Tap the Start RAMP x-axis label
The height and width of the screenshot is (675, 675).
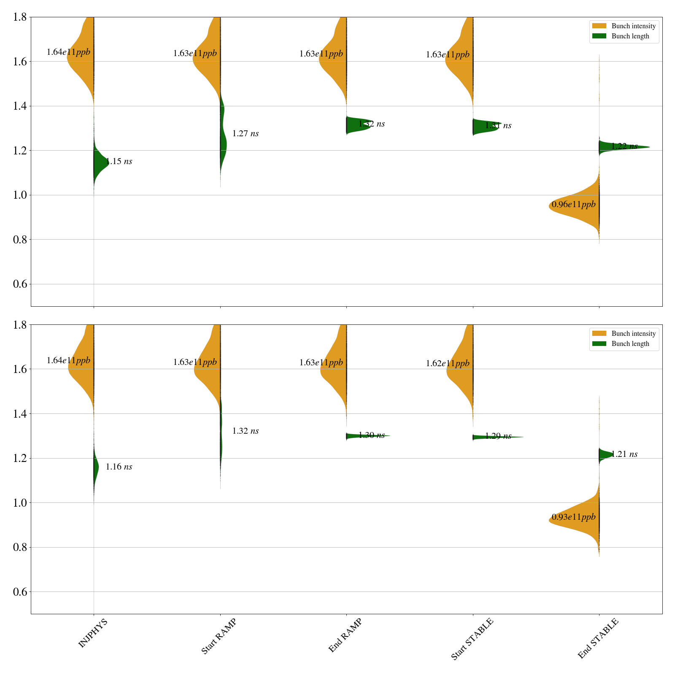219,636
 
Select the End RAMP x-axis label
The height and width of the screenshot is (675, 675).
345,635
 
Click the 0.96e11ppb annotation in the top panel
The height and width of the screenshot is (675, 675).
574,205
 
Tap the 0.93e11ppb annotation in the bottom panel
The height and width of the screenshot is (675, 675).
574,517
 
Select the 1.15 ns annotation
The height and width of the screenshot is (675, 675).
119,161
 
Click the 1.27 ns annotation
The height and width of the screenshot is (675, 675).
246,134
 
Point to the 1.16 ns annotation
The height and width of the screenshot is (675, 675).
119,467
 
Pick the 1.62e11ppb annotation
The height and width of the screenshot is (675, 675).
448,363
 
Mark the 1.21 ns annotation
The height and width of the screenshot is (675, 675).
624,454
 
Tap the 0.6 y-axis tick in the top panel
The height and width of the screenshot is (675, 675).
20,284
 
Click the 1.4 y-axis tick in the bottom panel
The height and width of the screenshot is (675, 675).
20,414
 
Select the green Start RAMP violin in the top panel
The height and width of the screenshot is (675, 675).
223,143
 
